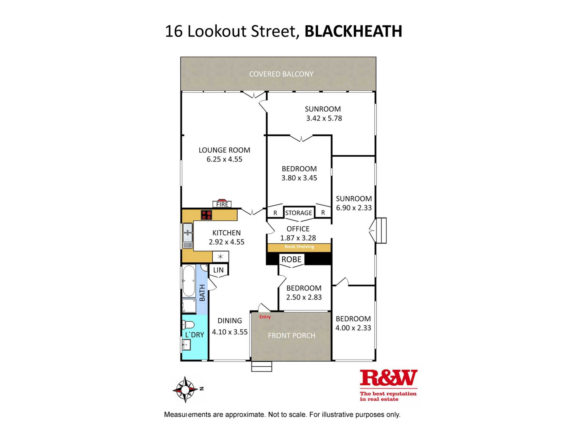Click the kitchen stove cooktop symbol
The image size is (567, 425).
pyautogui.click(x=206, y=215)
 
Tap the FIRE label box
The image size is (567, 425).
pyautogui.click(x=222, y=204)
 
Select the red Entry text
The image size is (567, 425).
pyautogui.click(x=265, y=317)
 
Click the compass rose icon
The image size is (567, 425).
pyautogui.click(x=185, y=390)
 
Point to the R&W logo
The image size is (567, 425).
pyautogui.click(x=388, y=378)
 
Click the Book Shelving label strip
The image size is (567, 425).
pyautogui.click(x=299, y=247)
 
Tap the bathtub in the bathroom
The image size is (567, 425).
pyautogui.click(x=189, y=281)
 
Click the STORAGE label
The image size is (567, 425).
pyautogui.click(x=299, y=213)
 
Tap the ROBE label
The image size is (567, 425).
pyautogui.click(x=291, y=259)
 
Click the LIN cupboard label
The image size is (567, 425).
pyautogui.click(x=218, y=270)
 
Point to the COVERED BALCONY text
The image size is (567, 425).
pyautogui.click(x=281, y=74)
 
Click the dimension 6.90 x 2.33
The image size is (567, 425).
pyautogui.click(x=354, y=208)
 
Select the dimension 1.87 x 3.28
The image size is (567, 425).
pyautogui.click(x=298, y=238)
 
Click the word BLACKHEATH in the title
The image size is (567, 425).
pyautogui.click(x=353, y=31)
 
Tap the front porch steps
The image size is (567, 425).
pyautogui.click(x=261, y=366)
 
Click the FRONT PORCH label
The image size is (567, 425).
pyautogui.click(x=291, y=336)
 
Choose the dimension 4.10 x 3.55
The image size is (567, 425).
pyautogui.click(x=230, y=332)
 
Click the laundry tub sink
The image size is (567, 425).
pyautogui.click(x=186, y=345)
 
